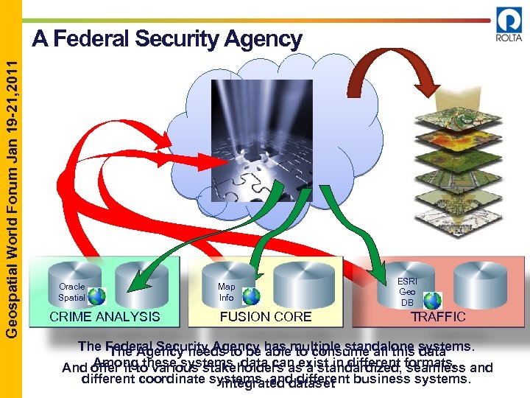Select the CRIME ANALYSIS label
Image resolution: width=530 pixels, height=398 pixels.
tap(104, 317)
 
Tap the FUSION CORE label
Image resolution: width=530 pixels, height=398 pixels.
tap(266, 317)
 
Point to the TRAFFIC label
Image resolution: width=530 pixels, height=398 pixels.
tap(438, 317)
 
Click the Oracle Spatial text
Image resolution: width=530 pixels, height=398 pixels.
tap(72, 292)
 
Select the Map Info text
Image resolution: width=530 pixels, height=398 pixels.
tap(226, 292)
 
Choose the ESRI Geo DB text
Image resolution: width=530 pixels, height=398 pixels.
tap(407, 292)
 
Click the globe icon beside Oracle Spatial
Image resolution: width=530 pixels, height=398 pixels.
tap(96, 296)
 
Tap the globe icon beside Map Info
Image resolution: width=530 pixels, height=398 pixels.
tap(251, 296)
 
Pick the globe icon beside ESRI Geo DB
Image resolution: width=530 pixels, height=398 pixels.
tap(432, 301)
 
